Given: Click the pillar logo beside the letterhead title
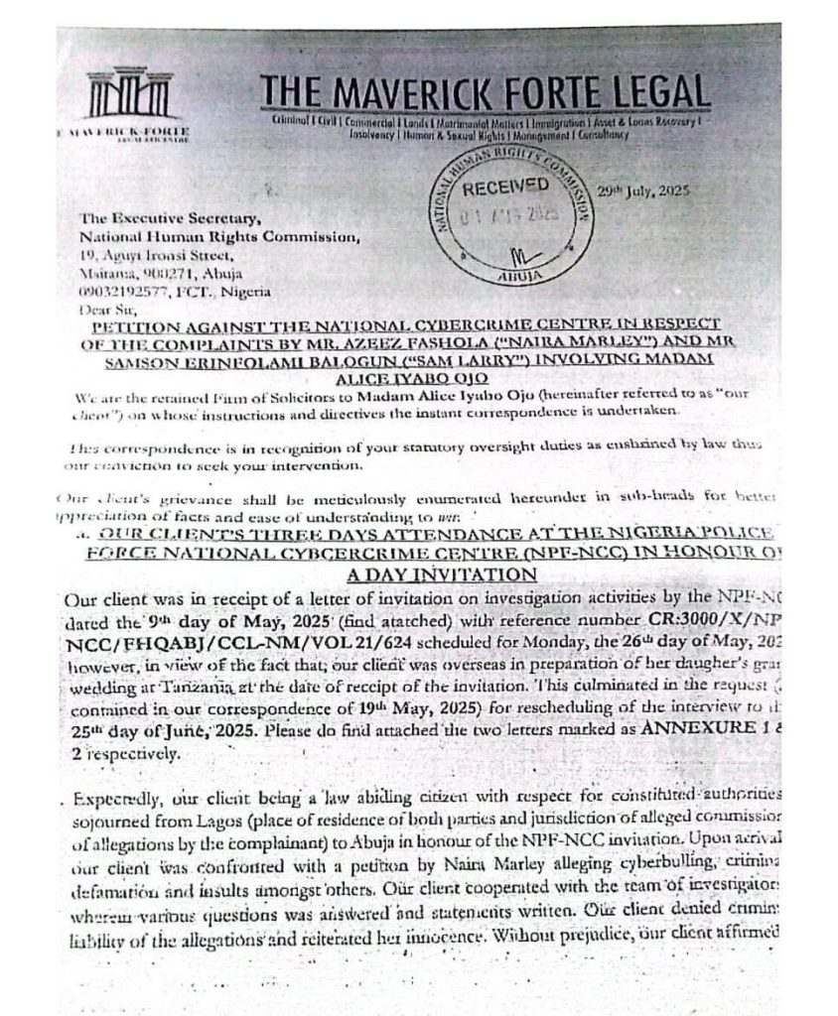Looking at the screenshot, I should [x=127, y=99].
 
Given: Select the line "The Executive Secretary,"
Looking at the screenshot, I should [x=158, y=219].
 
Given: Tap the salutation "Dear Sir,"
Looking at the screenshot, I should [x=109, y=307].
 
